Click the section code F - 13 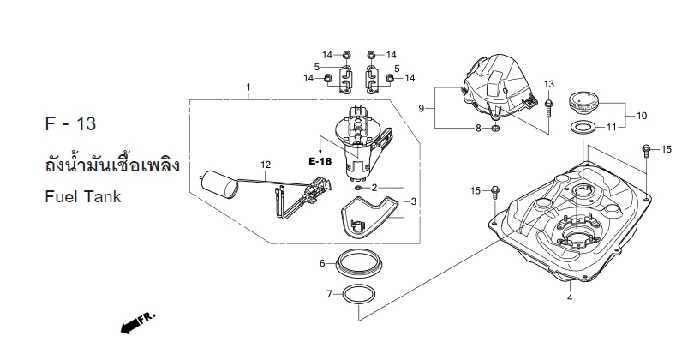click(70, 124)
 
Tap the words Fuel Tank click(83, 196)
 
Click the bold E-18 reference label click(320, 162)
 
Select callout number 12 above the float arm click(266, 165)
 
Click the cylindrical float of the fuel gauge click(219, 183)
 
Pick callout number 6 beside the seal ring click(323, 263)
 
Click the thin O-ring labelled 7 click(359, 295)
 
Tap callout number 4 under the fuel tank click(570, 298)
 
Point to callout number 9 click(422, 108)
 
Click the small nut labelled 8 click(496, 129)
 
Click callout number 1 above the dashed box click(248, 87)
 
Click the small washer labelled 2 click(358, 189)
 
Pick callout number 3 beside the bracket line click(413, 202)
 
